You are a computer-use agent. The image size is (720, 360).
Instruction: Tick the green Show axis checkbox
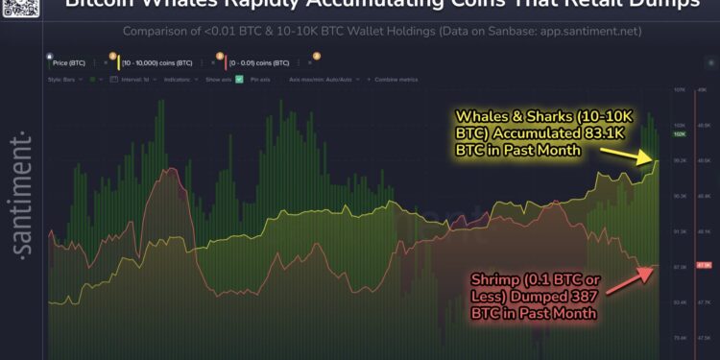tap(240, 79)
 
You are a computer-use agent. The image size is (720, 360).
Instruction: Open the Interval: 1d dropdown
tap(137, 79)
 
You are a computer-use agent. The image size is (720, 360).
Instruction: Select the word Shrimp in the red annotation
tap(492, 280)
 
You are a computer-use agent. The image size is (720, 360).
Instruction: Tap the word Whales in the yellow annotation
tap(477, 118)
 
